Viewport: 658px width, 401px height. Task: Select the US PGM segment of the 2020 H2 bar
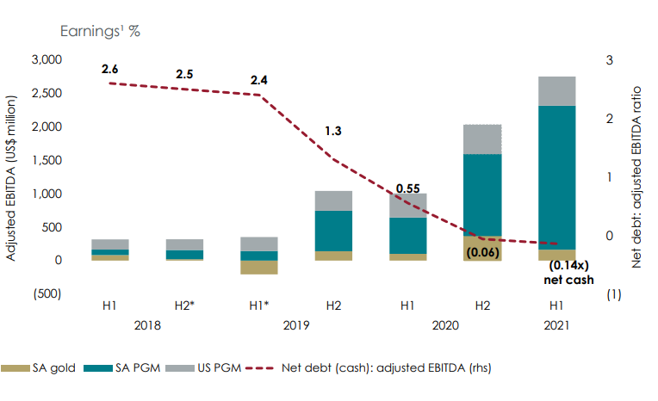[482, 139]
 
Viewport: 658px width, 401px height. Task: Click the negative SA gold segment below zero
[259, 268]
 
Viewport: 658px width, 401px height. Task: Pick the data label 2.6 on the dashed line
[110, 68]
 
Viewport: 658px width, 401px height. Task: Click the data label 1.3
[333, 131]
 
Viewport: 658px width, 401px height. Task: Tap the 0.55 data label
[408, 188]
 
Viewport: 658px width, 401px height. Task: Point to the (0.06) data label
[482, 253]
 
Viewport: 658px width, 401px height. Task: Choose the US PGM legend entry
[189, 367]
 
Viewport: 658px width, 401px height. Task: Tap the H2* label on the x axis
[184, 305]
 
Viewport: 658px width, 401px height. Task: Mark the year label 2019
[295, 325]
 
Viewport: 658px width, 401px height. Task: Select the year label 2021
[557, 325]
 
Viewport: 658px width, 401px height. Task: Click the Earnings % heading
[99, 31]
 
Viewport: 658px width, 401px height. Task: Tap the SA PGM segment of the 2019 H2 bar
[333, 231]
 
